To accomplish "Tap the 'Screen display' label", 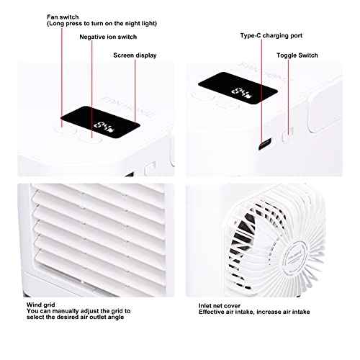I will pyautogui.click(x=135, y=55).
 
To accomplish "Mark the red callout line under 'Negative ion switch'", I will pyautogui.click(x=90, y=86).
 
